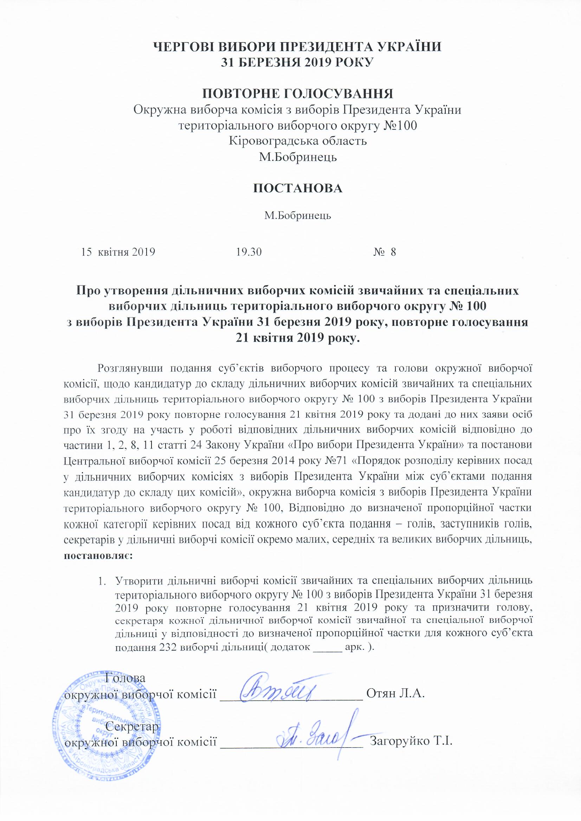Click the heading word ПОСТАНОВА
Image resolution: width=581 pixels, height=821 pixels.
pos(298,189)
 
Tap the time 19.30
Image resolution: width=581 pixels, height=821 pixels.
pos(249,252)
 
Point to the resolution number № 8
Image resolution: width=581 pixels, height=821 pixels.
pos(385,252)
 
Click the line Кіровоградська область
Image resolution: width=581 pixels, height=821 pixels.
pos(298,141)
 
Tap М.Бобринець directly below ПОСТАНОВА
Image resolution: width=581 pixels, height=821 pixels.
pos(298,216)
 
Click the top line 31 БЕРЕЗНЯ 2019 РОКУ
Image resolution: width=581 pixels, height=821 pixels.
pos(298,62)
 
